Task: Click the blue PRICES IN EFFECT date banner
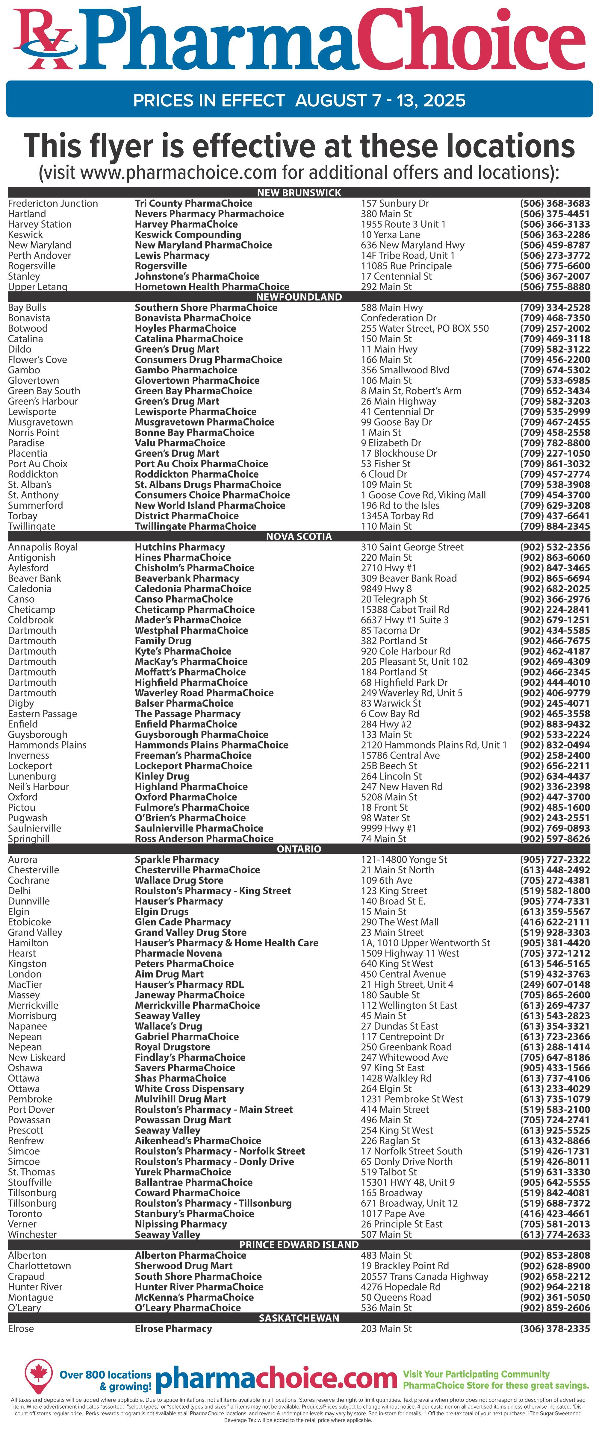[x=299, y=100]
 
